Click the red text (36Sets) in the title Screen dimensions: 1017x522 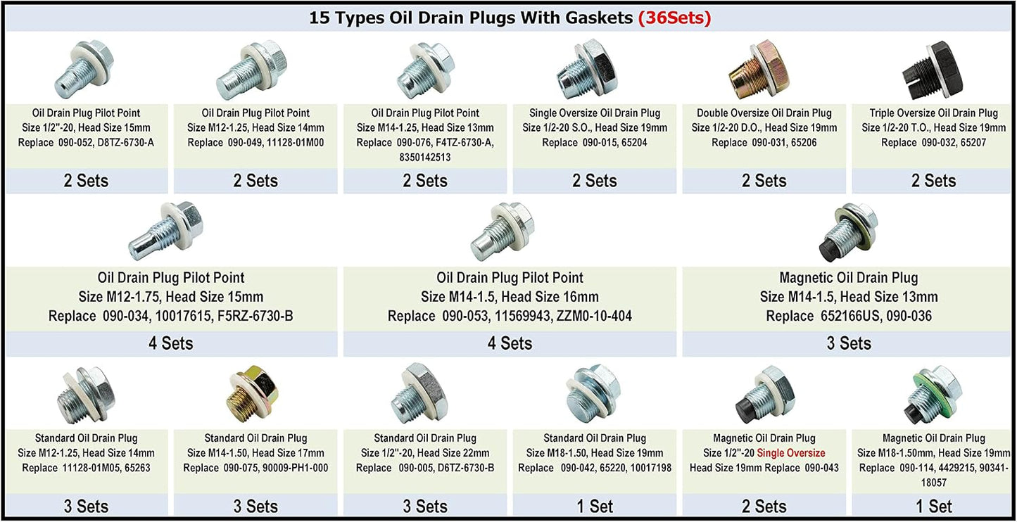(674, 18)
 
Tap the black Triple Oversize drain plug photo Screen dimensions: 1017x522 (933, 70)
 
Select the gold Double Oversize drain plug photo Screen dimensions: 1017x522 (759, 70)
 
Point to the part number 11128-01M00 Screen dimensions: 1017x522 (295, 143)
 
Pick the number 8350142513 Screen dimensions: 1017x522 (425, 158)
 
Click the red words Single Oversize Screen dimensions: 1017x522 (791, 453)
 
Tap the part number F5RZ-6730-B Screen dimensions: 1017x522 (255, 316)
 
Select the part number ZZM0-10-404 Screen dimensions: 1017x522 (594, 316)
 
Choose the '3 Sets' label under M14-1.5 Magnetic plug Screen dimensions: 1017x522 (849, 343)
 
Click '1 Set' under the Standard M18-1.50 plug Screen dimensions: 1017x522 (595, 506)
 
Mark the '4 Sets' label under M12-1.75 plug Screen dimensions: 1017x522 (171, 343)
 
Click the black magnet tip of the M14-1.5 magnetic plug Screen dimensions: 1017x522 (828, 251)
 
